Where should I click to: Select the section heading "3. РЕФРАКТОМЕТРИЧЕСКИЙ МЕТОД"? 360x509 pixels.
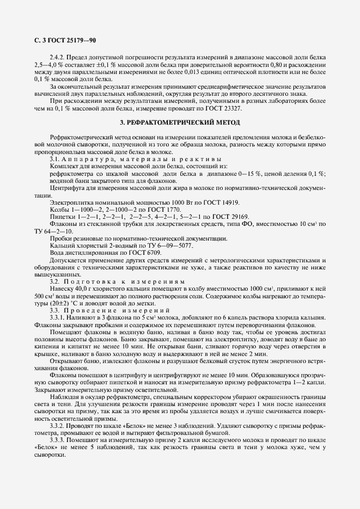(x=180, y=122)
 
